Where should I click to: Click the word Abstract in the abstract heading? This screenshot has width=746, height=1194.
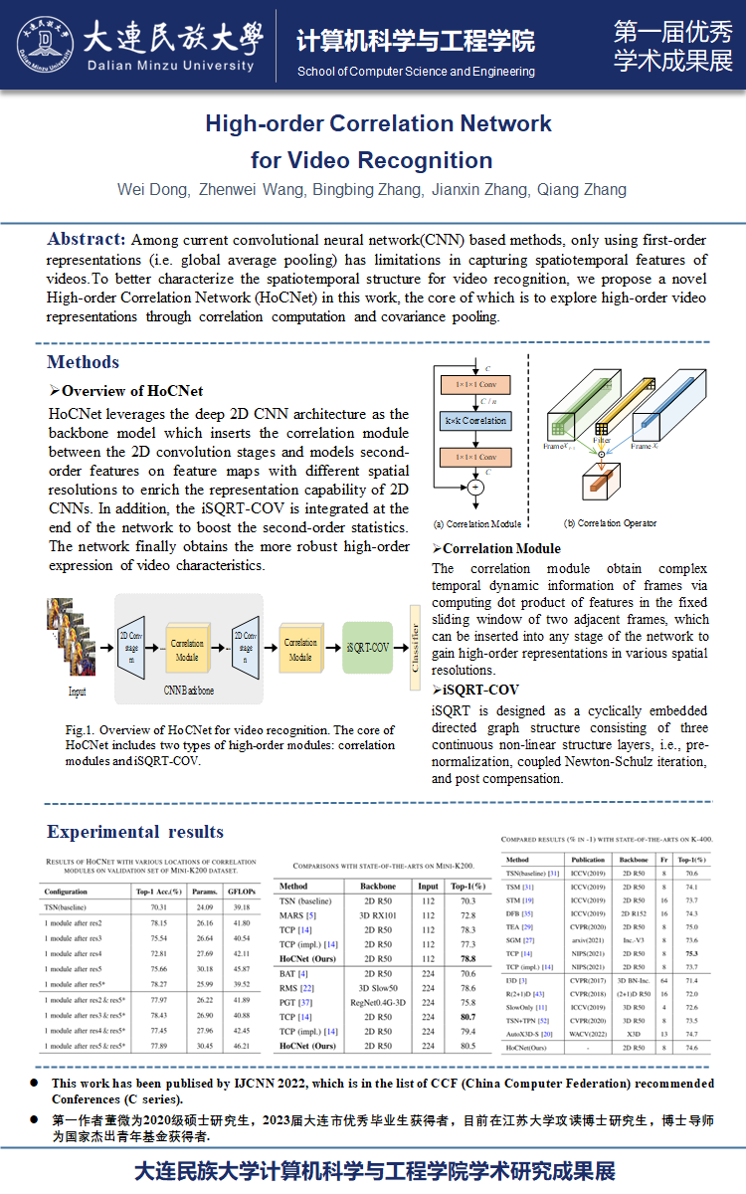point(86,240)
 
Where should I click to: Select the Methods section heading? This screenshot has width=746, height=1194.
point(83,362)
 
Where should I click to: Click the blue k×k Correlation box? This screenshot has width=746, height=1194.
point(474,421)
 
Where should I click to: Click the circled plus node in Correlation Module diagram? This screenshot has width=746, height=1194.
point(474,488)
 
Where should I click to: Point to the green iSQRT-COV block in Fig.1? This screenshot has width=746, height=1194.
point(368,647)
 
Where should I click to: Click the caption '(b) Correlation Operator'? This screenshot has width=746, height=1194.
point(609,523)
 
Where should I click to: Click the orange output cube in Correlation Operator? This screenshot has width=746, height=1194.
point(598,489)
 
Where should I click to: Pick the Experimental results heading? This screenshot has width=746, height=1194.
point(135,832)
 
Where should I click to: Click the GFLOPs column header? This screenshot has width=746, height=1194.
point(241,892)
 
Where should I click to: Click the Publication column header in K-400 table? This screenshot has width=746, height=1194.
point(588,859)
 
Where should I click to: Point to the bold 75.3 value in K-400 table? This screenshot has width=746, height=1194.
point(685,952)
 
